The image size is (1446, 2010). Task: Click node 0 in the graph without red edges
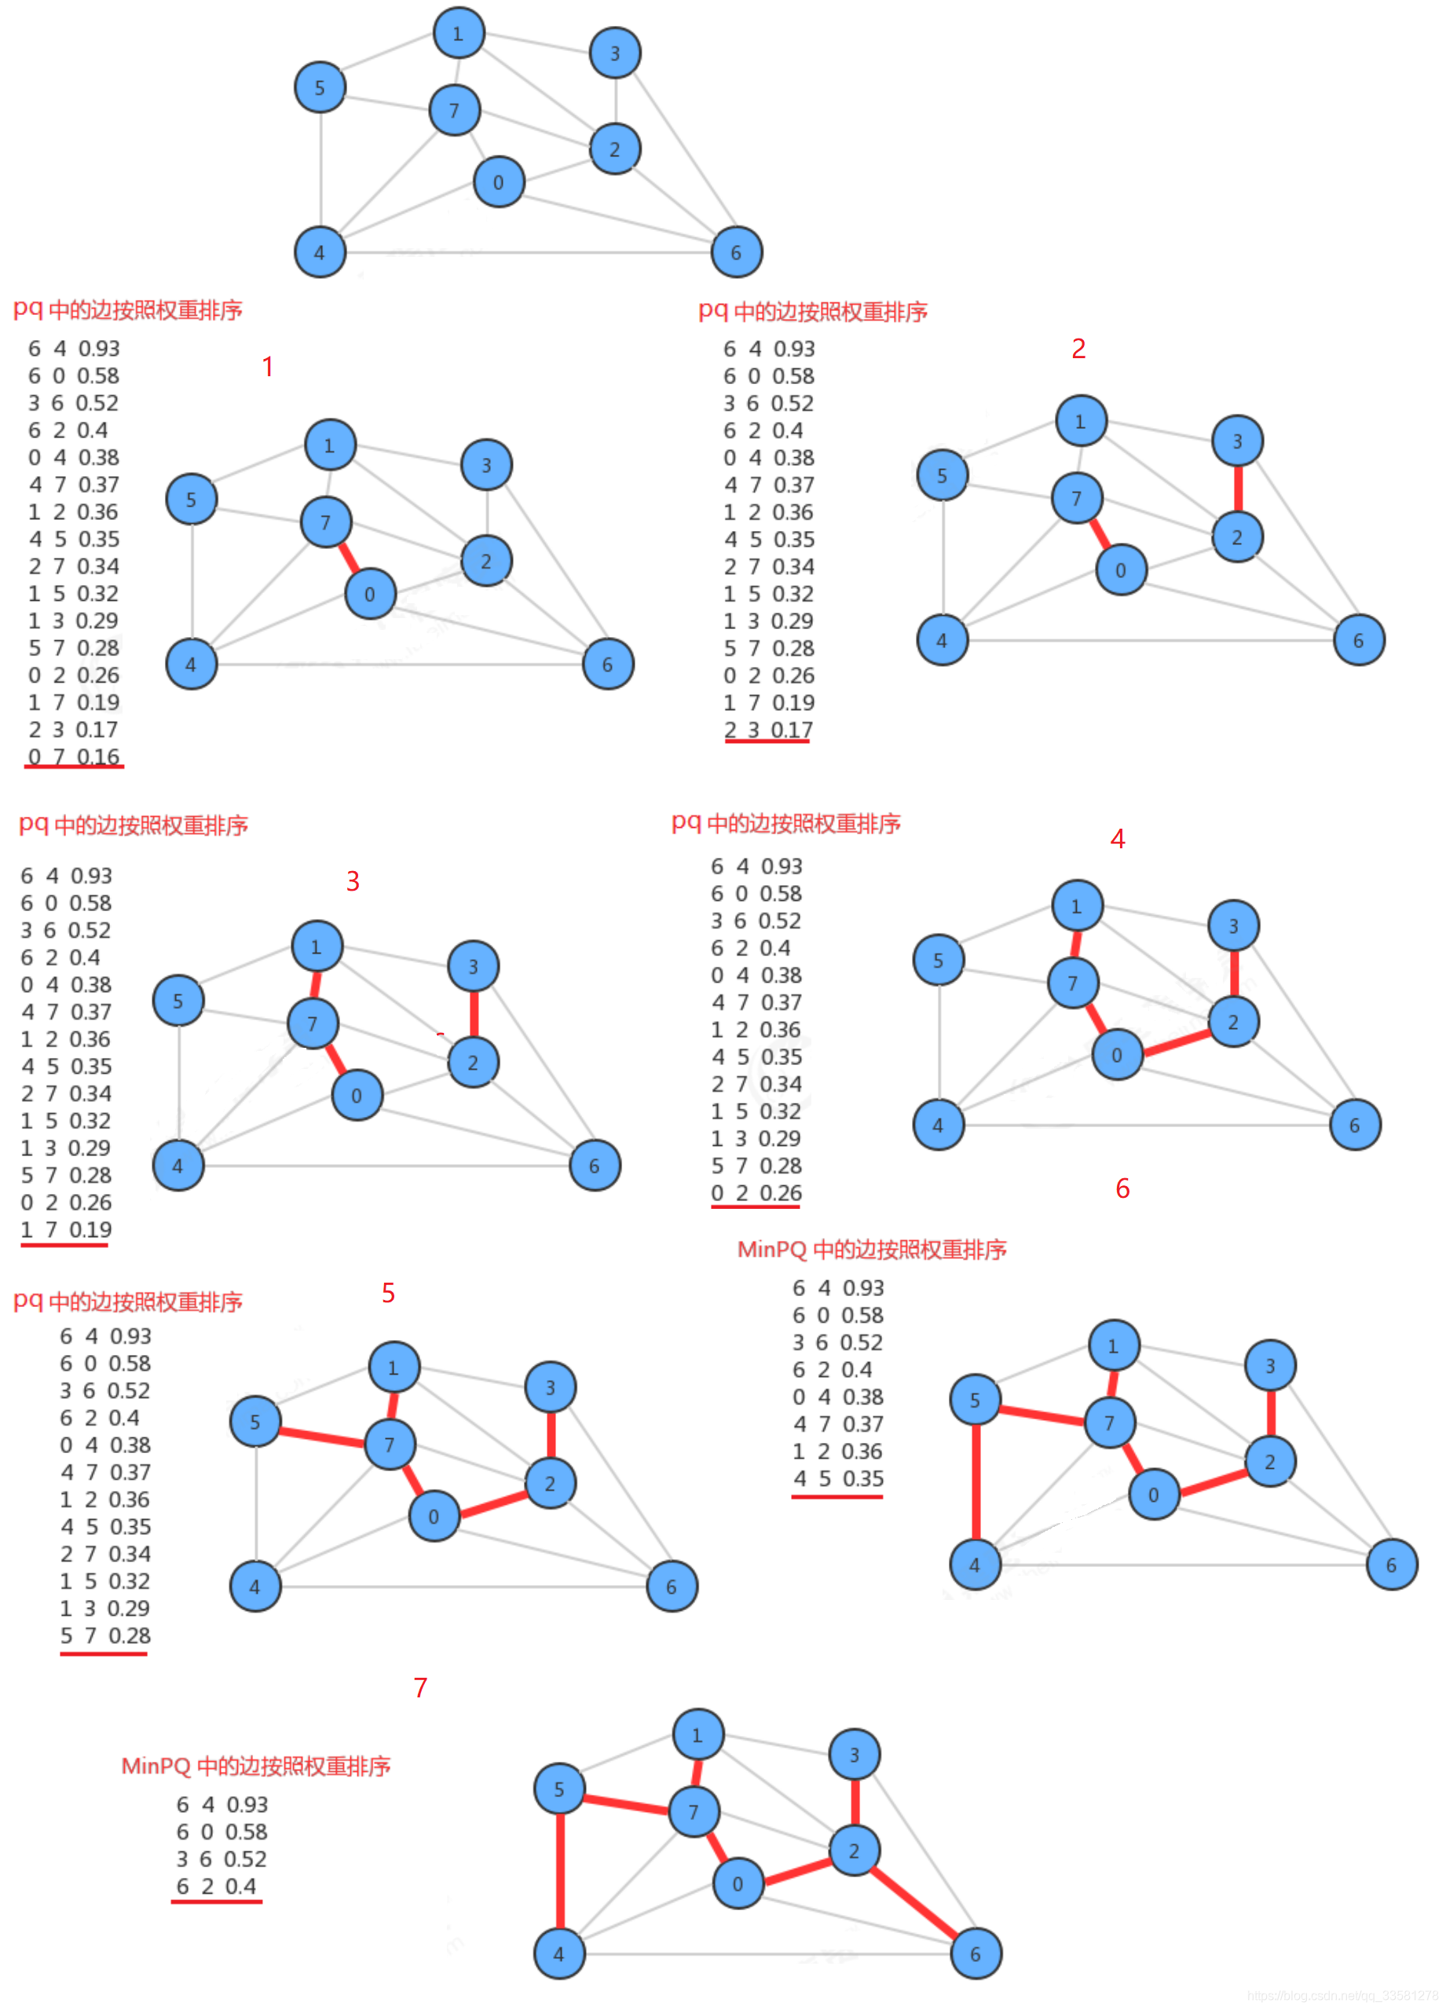[x=499, y=181]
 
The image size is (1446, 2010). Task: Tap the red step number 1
[x=268, y=366]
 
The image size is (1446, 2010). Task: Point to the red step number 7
[x=420, y=1687]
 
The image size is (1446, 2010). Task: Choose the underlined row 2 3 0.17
[x=768, y=730]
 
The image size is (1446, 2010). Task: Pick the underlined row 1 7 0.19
[x=65, y=1229]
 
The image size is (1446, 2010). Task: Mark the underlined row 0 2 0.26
[x=756, y=1193]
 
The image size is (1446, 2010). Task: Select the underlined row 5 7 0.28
[x=104, y=1635]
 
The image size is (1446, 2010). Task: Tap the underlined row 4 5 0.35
[x=838, y=1478]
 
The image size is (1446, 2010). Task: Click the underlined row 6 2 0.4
[x=216, y=1886]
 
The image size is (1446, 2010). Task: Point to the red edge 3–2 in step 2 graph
[x=1238, y=489]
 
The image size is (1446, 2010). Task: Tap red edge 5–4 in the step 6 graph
[x=976, y=1482]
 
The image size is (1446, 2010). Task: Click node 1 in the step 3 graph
[x=317, y=946]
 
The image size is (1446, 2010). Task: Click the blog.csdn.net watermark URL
[x=1342, y=1995]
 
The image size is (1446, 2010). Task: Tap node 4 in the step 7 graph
[x=559, y=1953]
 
